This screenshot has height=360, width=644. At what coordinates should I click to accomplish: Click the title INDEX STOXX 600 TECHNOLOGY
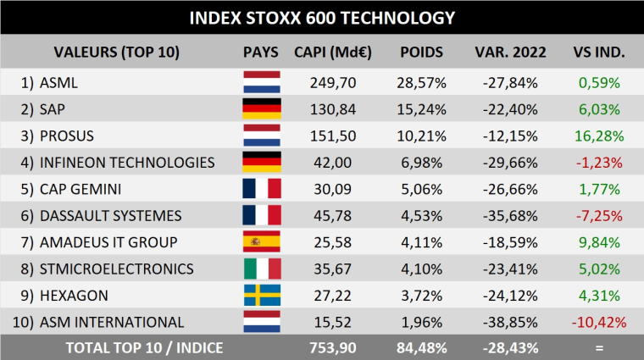(x=322, y=17)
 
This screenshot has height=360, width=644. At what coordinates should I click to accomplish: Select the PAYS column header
(x=261, y=52)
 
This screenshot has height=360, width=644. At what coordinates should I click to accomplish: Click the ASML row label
(x=58, y=83)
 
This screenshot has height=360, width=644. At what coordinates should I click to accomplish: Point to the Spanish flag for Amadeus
(x=261, y=242)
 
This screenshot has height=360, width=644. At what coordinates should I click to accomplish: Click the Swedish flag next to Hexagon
(x=261, y=296)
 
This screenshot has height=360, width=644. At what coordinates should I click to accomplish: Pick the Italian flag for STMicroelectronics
(x=261, y=269)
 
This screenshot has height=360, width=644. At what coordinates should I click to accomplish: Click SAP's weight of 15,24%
(x=421, y=109)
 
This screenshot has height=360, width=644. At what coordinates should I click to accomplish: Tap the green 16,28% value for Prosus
(x=599, y=136)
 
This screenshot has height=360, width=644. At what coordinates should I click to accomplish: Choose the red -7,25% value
(x=599, y=216)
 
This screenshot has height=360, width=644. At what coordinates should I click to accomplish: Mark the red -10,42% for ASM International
(x=599, y=322)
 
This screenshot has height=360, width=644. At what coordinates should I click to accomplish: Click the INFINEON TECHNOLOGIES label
(x=126, y=163)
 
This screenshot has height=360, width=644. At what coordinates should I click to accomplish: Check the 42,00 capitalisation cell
(x=335, y=163)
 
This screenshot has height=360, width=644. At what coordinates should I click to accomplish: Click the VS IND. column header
(x=599, y=52)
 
